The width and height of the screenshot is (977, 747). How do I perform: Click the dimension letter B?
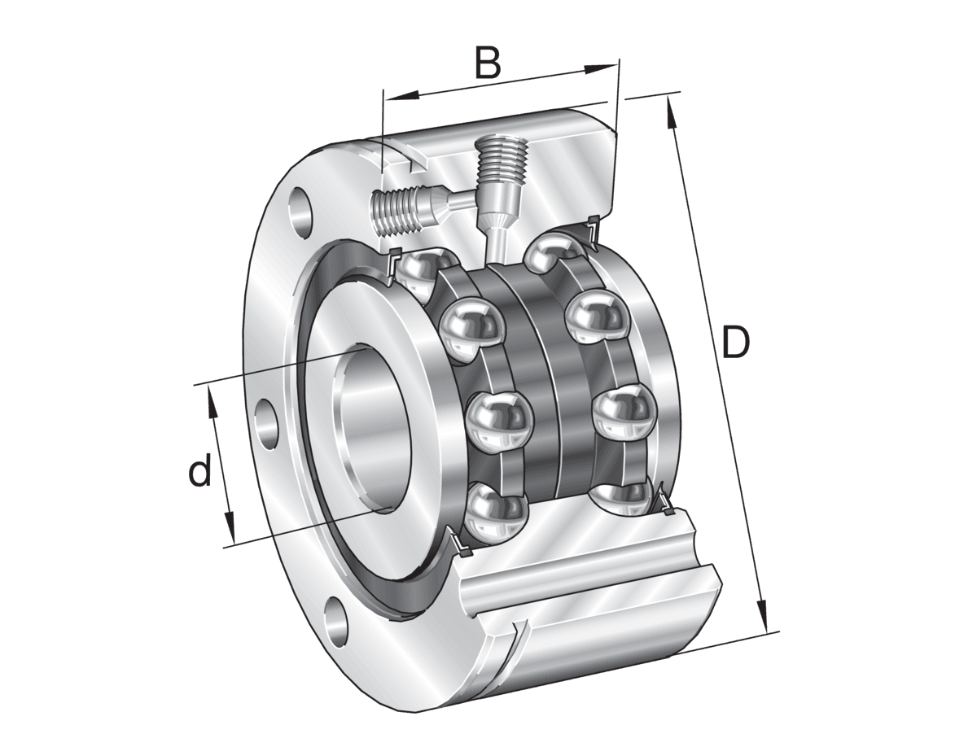[x=488, y=63]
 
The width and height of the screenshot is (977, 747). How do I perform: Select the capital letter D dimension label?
[x=736, y=344]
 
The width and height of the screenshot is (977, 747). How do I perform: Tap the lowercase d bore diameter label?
[x=200, y=472]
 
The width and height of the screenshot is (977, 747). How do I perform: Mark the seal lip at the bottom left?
[x=458, y=544]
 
